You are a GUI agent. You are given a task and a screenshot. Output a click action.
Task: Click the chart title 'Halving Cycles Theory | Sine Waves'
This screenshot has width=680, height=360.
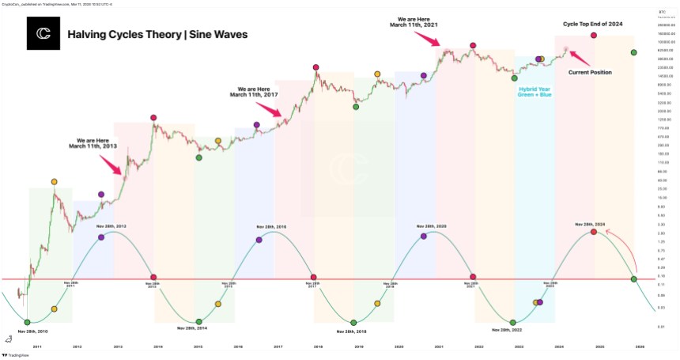coord(157,35)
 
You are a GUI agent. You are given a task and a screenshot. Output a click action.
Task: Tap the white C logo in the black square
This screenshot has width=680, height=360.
coord(43,34)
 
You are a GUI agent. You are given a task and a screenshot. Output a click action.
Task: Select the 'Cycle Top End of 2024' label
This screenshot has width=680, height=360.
coord(593,24)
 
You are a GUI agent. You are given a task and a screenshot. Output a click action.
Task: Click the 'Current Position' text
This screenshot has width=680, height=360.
coord(590,72)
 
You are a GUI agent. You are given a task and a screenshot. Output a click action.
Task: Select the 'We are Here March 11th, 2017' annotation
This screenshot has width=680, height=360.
coord(253,92)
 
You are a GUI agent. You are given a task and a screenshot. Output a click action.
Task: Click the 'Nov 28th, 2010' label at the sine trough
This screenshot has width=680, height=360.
coord(33,331)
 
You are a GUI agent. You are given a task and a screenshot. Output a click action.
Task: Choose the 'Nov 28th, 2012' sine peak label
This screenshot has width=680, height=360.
coord(110,226)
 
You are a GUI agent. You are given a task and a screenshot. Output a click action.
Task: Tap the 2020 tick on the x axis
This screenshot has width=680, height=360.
coord(399,347)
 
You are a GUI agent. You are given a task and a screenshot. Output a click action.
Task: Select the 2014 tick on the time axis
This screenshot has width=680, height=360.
coord(158,347)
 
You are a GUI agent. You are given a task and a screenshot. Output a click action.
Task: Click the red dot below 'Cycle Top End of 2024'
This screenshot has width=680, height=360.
coord(593,36)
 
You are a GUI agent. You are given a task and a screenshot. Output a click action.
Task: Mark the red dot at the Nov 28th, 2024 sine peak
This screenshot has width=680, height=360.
coord(593,232)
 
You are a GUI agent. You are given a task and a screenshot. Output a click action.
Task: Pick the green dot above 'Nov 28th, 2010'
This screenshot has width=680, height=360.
coord(28,321)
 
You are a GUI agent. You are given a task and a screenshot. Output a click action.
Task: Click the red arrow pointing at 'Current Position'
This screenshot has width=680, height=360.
coord(580,58)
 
